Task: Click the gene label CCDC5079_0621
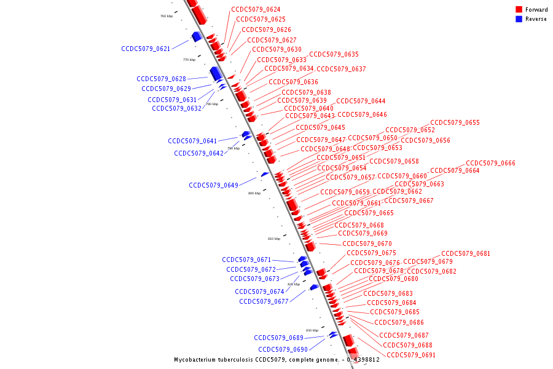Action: [x=146, y=49]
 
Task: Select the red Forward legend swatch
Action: [x=519, y=10]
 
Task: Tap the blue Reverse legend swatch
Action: [x=519, y=19]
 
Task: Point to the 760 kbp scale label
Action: [x=166, y=16]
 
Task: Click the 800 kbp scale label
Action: [x=254, y=193]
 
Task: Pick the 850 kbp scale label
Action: [x=312, y=330]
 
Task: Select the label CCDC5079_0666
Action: [x=490, y=163]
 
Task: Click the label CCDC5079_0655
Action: [x=455, y=123]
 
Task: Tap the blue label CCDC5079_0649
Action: [x=213, y=185]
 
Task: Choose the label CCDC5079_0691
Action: [x=411, y=355]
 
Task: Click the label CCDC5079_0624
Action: [x=256, y=10]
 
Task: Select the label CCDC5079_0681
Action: [x=466, y=253]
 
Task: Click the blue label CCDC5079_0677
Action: [x=264, y=301]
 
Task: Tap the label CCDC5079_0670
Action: [x=367, y=244]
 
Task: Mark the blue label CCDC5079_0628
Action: [x=161, y=79]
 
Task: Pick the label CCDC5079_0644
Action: [x=361, y=101]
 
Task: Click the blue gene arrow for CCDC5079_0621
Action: [x=197, y=37]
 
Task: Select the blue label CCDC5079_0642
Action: [x=198, y=153]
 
